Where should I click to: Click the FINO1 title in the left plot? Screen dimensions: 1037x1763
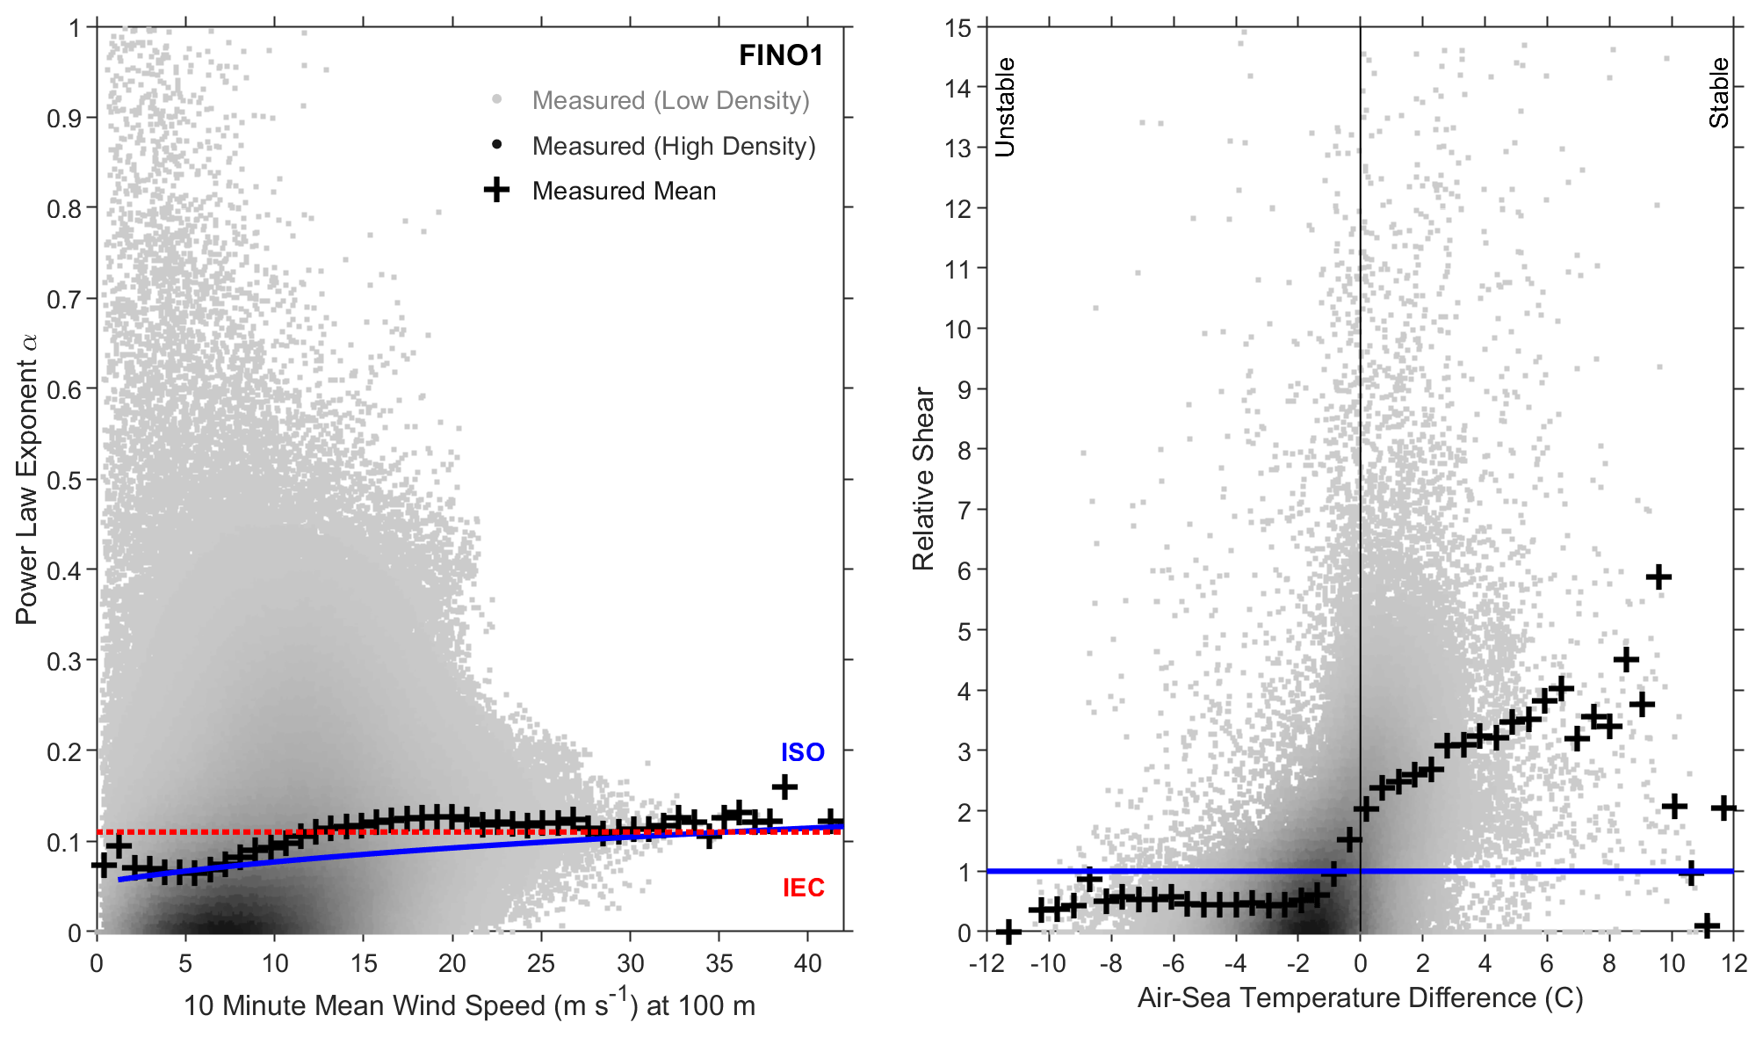(780, 55)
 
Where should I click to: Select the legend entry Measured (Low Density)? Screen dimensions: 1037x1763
(670, 100)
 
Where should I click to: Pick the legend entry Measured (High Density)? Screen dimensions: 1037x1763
(673, 146)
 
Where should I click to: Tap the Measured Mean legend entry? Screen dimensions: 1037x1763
(624, 191)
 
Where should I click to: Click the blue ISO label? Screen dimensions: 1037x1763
(803, 752)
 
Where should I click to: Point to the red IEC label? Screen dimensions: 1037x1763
(804, 888)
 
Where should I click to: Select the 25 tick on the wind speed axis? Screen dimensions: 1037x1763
(541, 963)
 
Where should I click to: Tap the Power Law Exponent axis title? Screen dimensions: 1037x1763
(27, 479)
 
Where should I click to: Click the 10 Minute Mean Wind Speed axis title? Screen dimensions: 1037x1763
(469, 1005)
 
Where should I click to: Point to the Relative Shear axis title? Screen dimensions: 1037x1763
(923, 479)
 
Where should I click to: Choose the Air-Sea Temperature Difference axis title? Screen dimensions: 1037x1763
(1360, 998)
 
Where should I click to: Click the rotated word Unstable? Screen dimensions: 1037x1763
(1005, 107)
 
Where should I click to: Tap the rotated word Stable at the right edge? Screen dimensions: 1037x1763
(1718, 93)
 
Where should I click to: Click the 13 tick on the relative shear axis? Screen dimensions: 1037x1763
(958, 148)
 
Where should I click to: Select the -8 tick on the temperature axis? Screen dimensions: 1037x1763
(1110, 963)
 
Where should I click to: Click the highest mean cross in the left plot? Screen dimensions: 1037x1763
(784, 787)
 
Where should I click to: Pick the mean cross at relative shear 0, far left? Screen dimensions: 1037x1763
(1008, 932)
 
